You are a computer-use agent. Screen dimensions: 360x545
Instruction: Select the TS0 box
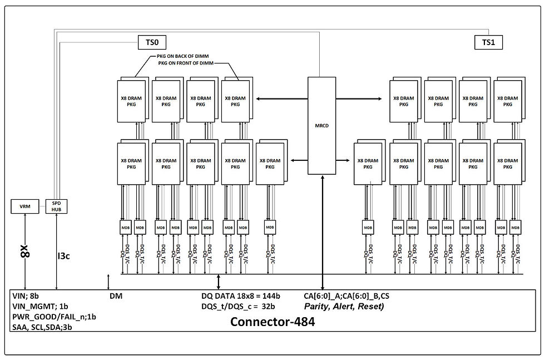click(152, 42)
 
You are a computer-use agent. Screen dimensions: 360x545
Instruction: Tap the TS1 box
click(488, 42)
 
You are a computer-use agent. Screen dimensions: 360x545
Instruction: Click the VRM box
click(25, 206)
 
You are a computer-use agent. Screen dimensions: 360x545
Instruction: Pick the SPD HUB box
click(56, 206)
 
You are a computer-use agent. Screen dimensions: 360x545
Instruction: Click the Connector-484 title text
click(272, 322)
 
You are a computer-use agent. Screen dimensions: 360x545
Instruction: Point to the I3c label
click(64, 257)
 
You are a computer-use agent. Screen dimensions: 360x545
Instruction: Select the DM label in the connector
click(116, 297)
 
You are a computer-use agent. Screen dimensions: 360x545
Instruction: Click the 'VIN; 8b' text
click(27, 297)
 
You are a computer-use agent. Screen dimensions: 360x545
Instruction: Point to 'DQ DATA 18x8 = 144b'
click(241, 297)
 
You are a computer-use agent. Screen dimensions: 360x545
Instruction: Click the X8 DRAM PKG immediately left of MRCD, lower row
click(270, 164)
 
